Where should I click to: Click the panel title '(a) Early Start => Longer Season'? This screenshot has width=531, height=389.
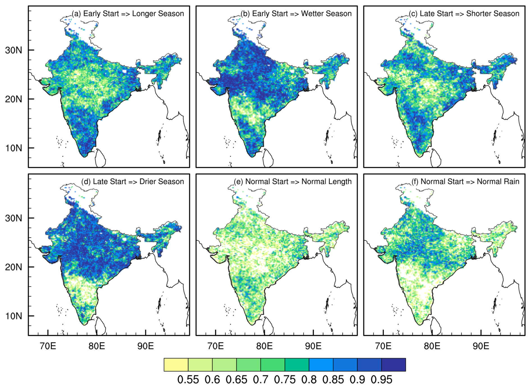click(x=128, y=14)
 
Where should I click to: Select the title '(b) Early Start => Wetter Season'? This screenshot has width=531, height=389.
click(x=296, y=14)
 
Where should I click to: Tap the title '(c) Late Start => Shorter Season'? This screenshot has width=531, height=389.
click(x=464, y=14)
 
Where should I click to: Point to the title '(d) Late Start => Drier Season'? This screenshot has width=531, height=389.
click(x=132, y=181)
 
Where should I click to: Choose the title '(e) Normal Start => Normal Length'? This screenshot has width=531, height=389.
click(x=293, y=181)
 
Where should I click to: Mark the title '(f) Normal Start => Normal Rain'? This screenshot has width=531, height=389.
click(x=465, y=181)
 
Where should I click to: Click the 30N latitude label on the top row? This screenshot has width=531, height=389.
click(x=13, y=50)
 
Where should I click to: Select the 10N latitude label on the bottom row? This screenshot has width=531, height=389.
click(x=13, y=316)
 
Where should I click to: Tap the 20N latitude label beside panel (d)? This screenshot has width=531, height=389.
click(x=13, y=267)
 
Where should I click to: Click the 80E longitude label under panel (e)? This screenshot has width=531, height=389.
click(x=264, y=346)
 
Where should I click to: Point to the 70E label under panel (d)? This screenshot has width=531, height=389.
click(x=48, y=346)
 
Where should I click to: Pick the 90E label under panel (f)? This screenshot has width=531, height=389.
click(x=481, y=346)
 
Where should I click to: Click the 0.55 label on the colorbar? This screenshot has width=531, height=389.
click(x=188, y=380)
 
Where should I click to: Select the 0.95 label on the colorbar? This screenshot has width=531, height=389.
click(x=381, y=380)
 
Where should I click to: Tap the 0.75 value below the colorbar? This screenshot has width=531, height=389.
click(x=285, y=380)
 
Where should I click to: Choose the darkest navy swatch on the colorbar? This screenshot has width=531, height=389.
click(x=393, y=365)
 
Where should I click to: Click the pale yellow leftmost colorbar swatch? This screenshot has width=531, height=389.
click(x=176, y=365)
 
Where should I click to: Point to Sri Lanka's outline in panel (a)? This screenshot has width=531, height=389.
click(x=100, y=158)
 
